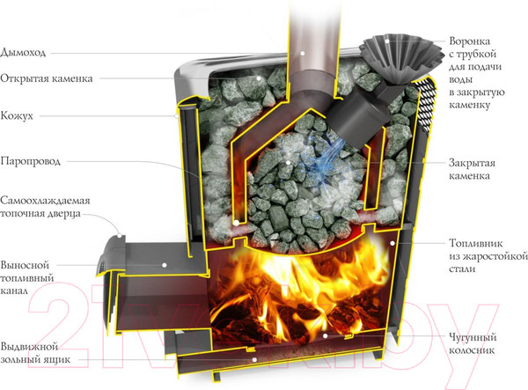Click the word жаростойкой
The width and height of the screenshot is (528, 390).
(x=483, y=256)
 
